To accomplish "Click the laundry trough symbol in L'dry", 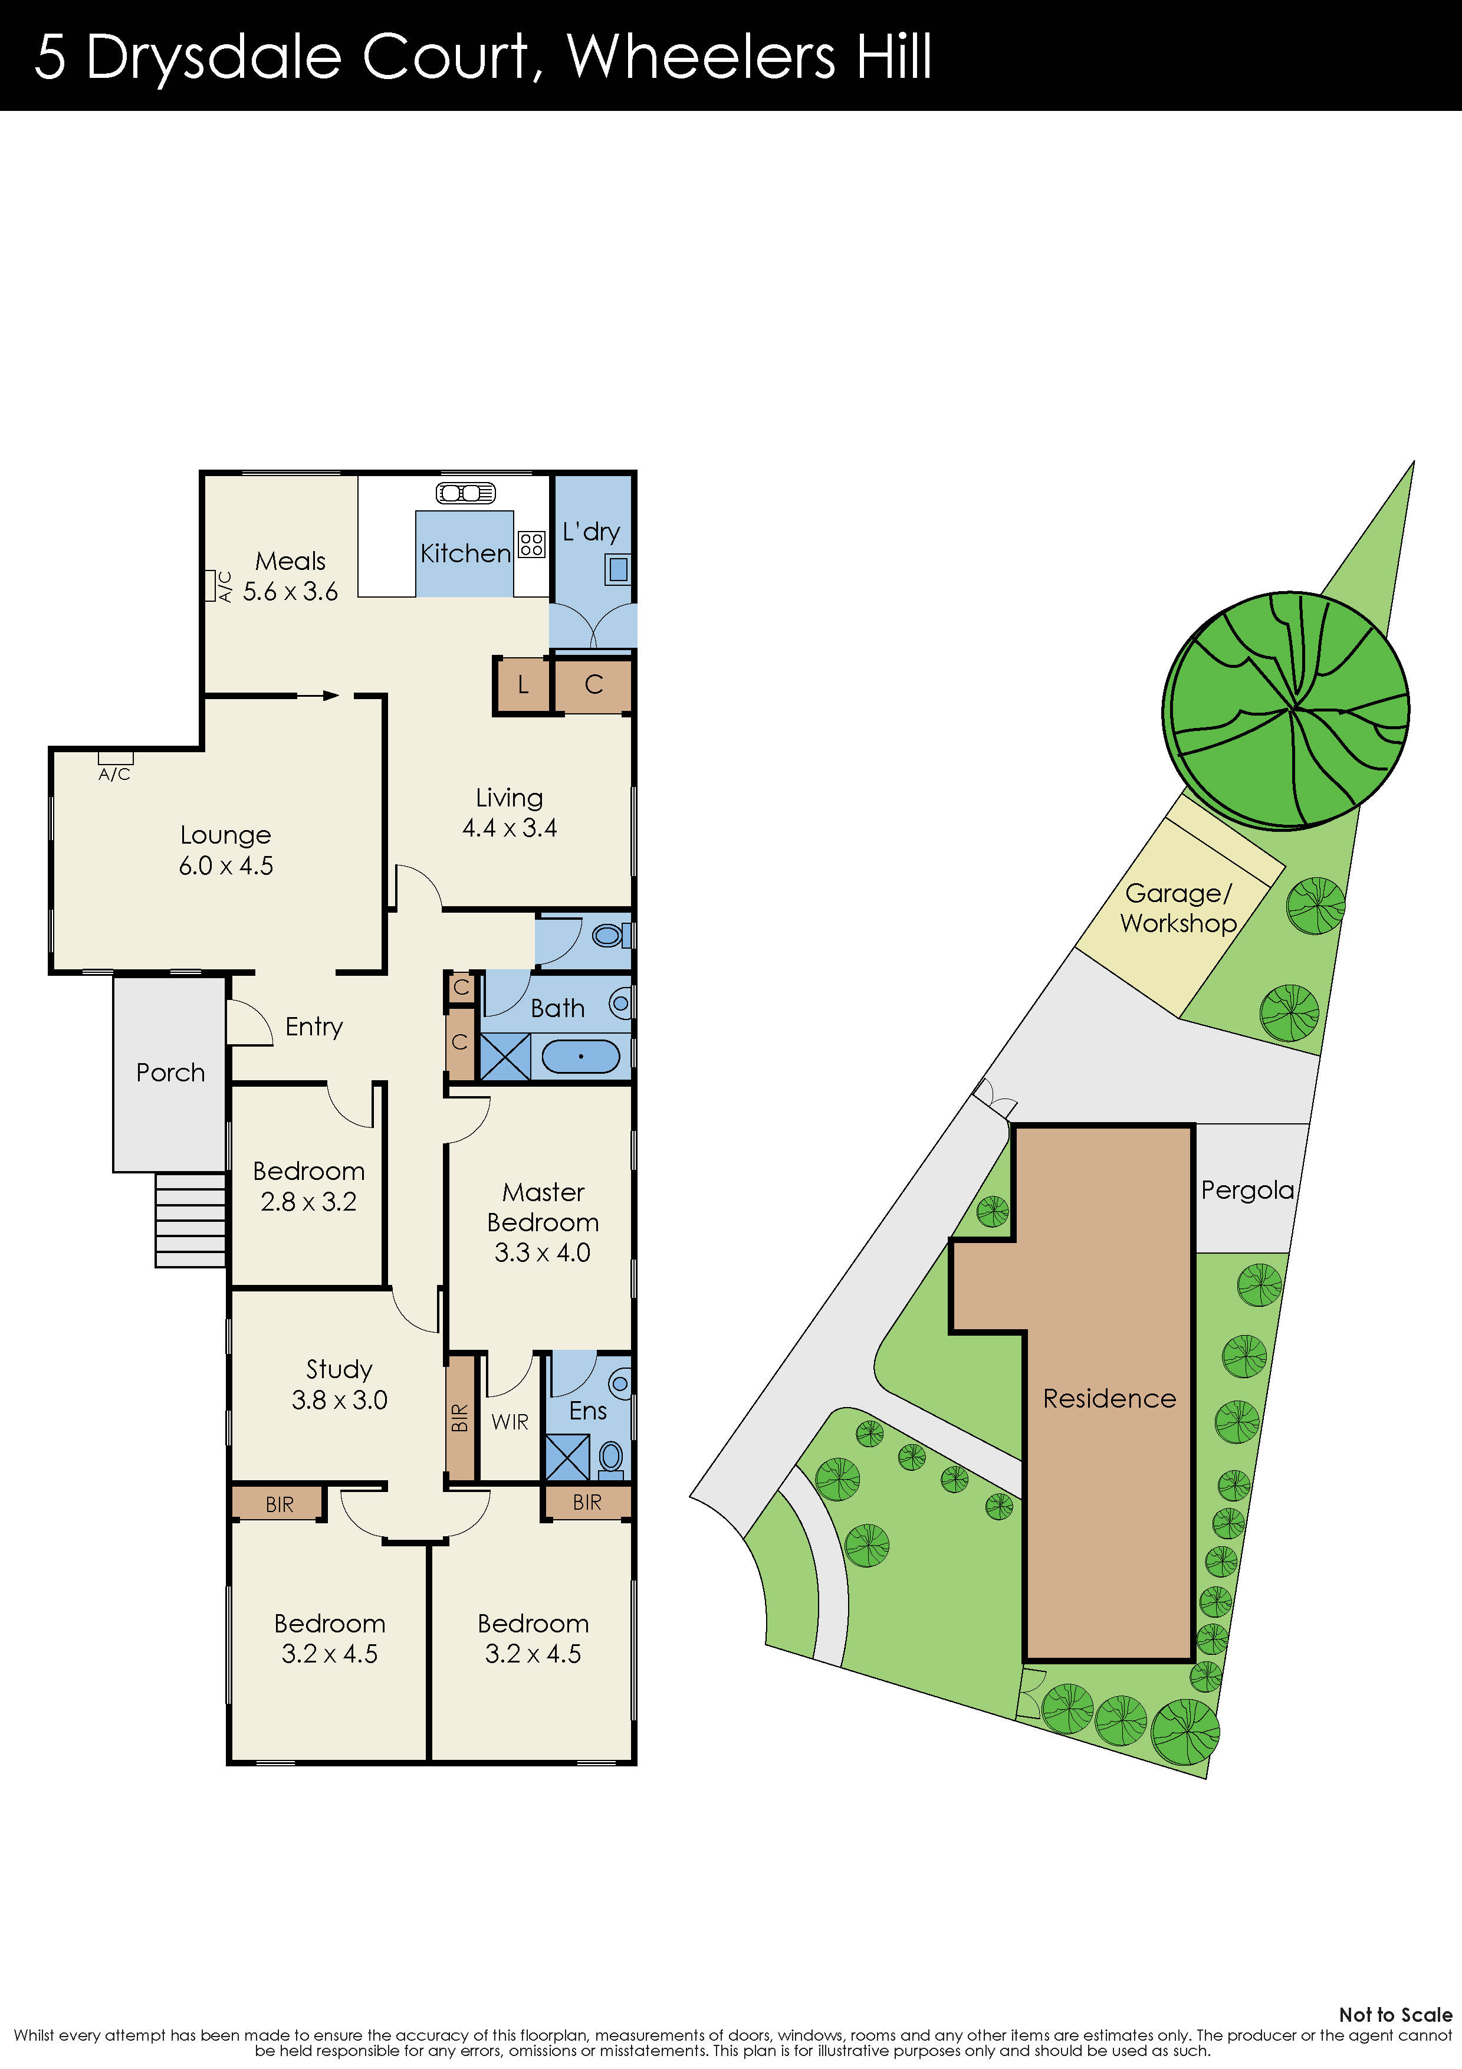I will coord(618,569).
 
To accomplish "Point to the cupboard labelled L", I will coord(523,685).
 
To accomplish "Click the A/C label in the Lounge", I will coord(114,774).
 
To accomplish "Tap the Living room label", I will coord(509,798).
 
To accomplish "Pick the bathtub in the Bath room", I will coord(581,1056).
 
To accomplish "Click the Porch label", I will coord(170,1073).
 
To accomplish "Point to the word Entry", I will coord(314,1027).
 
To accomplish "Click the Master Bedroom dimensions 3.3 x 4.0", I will coord(543,1252).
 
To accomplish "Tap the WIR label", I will coord(510,1422).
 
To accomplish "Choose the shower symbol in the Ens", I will coord(567,1457).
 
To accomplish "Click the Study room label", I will coord(339,1370).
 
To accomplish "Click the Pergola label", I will coord(1247,1191).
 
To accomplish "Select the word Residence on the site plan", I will coord(1109,1399).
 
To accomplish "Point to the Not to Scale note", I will coord(1394,2015).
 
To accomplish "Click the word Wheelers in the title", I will coord(701,57).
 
